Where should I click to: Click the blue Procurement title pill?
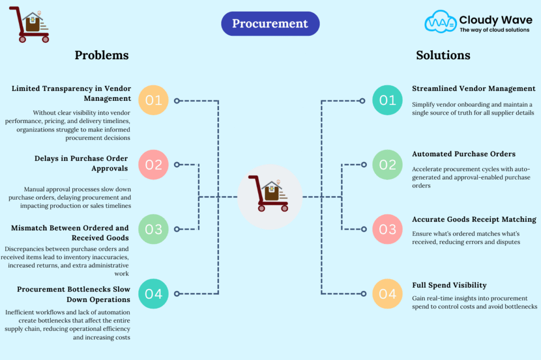[270, 24]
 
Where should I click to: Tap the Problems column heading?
[101, 55]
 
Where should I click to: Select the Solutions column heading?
[443, 55]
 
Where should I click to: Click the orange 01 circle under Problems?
[153, 100]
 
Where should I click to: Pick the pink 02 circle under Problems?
[153, 165]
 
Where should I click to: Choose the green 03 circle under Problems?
[153, 229]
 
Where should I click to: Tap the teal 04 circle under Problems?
[153, 293]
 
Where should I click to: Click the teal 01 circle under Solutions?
[387, 100]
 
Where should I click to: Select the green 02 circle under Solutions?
[387, 165]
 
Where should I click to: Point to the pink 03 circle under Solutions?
[387, 229]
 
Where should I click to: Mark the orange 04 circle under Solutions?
[387, 293]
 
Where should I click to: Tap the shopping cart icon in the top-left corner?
[30, 24]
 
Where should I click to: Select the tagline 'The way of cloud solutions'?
[494, 30]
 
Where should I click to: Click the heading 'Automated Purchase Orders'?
[464, 154]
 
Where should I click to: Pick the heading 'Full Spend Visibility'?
[449, 285]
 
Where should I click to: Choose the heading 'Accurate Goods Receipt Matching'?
[474, 219]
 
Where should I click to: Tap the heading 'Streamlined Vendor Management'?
[473, 89]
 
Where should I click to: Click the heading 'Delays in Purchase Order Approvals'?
[82, 163]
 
